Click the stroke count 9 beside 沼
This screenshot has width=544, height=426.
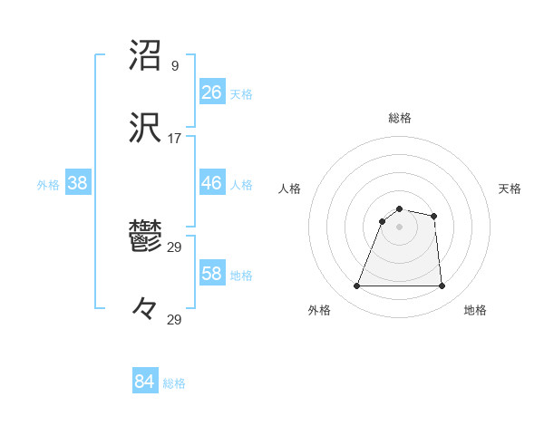[x=174, y=66]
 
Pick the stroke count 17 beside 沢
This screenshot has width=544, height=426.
[x=174, y=139]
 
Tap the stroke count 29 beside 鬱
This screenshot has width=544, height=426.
[x=174, y=247]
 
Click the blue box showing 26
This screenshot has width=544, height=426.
[x=211, y=92]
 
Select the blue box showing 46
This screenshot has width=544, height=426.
[x=211, y=183]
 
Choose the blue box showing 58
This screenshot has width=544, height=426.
[x=211, y=274]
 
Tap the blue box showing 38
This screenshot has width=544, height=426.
[x=77, y=183]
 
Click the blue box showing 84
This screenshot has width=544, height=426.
[x=144, y=382]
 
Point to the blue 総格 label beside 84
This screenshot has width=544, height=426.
[x=174, y=383]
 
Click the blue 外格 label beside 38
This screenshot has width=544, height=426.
[x=48, y=185]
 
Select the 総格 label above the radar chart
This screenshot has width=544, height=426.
[x=400, y=118]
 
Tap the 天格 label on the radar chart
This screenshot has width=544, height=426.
[x=510, y=189]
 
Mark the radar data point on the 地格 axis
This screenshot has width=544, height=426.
[x=442, y=286]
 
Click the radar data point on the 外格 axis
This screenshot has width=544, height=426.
[x=356, y=286]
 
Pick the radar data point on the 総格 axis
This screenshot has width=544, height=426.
[x=399, y=208]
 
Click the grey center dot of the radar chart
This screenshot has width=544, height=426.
[x=399, y=227]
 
